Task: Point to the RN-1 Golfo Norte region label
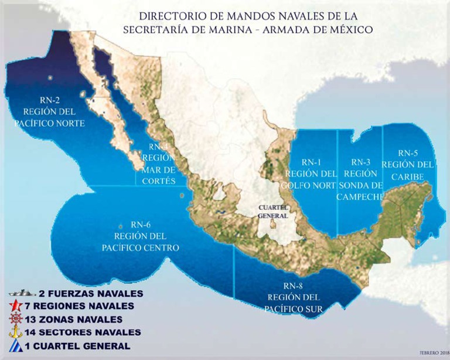coord(311,174)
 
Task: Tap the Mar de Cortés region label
coord(158,164)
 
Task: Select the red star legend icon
coord(16,305)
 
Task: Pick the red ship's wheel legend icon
coord(16,319)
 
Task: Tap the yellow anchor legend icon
coord(16,332)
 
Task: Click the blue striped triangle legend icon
coord(16,346)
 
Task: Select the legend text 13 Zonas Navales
coord(81,320)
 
